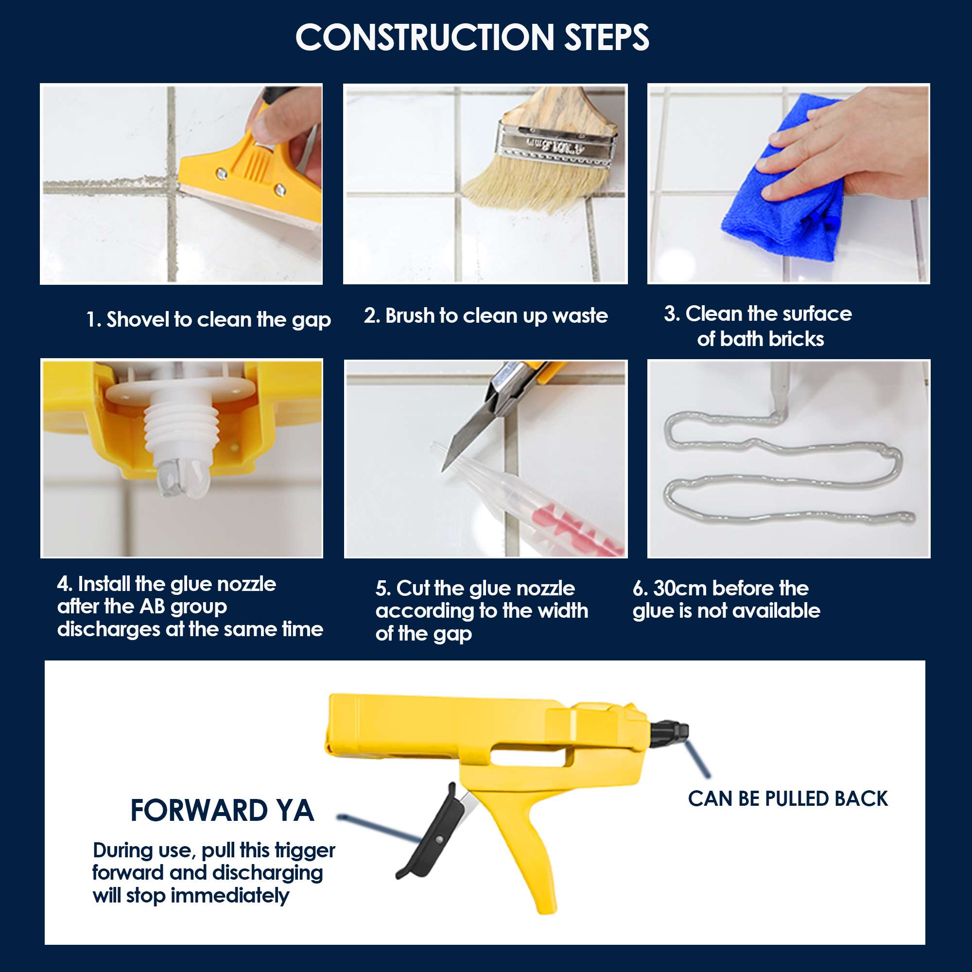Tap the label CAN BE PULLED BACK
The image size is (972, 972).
(x=787, y=799)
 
